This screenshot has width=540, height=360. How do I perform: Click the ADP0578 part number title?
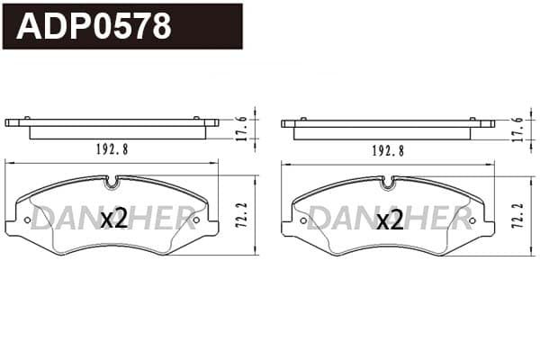[x=94, y=26]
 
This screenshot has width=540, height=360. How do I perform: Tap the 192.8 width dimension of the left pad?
[x=112, y=149]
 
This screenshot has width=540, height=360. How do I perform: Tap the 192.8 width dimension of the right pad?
[x=388, y=150]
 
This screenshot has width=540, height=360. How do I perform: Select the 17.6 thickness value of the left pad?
[x=242, y=129]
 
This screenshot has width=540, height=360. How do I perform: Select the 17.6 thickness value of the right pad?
[x=517, y=130]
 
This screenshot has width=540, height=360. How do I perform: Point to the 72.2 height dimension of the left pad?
[x=242, y=214]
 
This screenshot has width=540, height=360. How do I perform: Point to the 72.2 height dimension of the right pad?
[x=517, y=215]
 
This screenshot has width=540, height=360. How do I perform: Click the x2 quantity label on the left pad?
[x=114, y=220]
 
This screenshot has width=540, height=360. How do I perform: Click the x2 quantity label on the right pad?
[x=391, y=220]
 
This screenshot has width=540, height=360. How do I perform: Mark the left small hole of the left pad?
[x=27, y=220]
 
